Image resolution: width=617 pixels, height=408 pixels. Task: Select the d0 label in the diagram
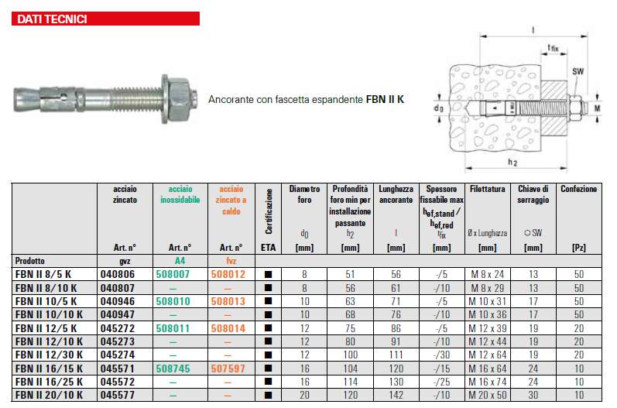[438, 106]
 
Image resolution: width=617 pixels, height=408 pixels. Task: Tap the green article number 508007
[175, 274]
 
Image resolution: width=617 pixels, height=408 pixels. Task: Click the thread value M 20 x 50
[487, 394]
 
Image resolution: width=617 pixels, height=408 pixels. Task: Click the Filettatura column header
[487, 189]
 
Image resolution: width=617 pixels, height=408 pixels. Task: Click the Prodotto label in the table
[29, 260]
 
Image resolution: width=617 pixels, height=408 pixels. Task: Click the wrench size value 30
[533, 394]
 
